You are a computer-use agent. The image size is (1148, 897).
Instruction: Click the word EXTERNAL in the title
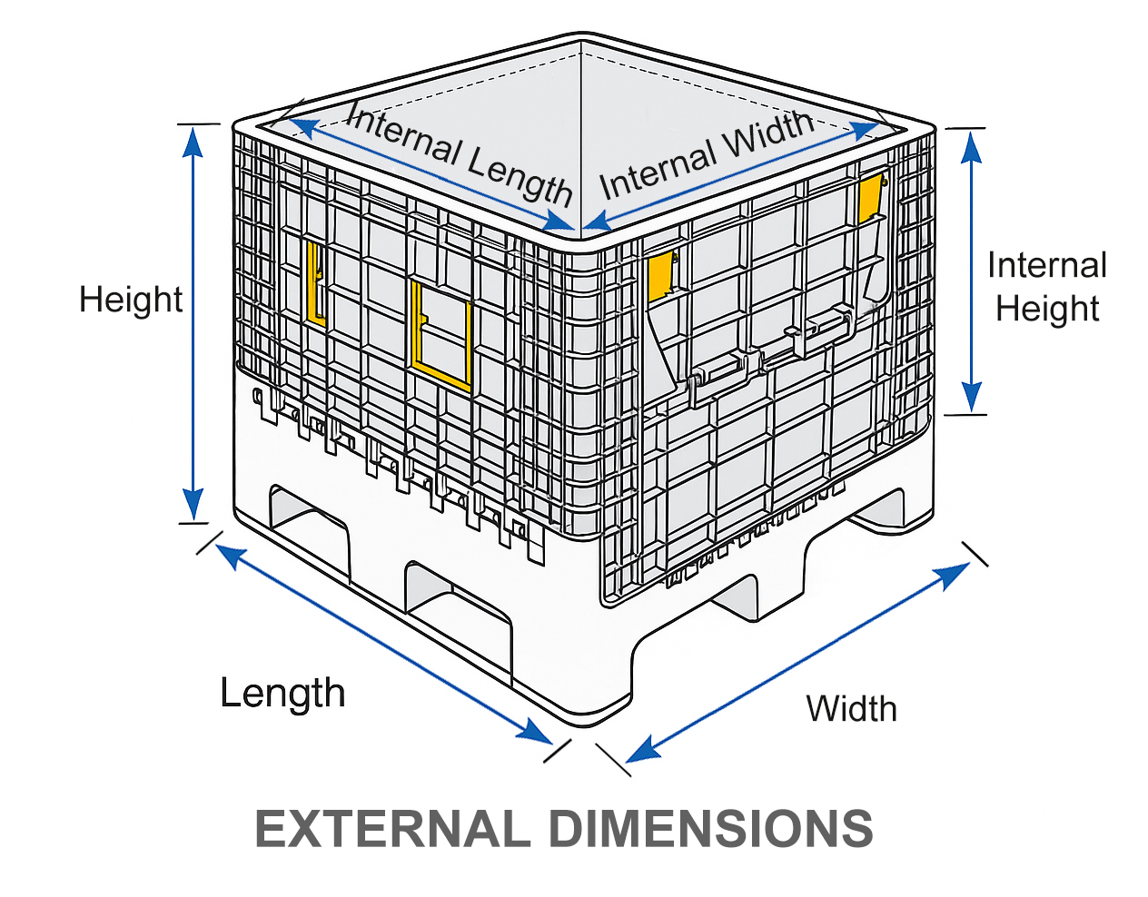click(x=392, y=830)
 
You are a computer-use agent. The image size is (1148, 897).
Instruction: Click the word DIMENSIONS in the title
click(x=711, y=830)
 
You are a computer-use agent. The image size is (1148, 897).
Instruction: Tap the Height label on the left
click(x=131, y=300)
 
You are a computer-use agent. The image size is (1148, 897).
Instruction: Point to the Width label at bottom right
click(x=852, y=708)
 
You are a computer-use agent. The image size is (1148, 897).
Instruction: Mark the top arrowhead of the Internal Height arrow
click(x=971, y=147)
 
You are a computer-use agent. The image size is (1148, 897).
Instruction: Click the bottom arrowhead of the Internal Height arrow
click(x=971, y=397)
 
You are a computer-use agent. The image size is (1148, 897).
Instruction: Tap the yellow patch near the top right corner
click(x=871, y=197)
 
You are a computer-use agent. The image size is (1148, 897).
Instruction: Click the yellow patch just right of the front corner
click(x=661, y=275)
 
